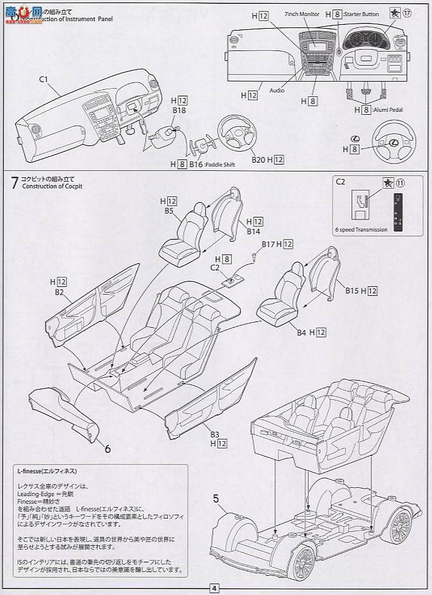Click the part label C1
[44, 80]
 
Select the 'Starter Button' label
[362, 14]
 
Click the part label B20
[258, 159]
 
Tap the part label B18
[179, 110]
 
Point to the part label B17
[267, 244]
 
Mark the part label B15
[352, 291]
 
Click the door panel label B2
[59, 291]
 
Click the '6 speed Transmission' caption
[361, 230]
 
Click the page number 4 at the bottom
[214, 588]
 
